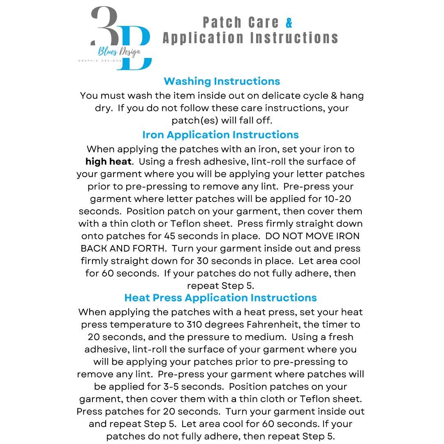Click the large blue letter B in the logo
[x=136, y=49]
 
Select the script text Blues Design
[x=119, y=52]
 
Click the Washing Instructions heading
[x=222, y=81]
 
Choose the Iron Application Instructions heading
[x=220, y=134]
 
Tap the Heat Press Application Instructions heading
[x=220, y=297]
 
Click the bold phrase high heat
[x=109, y=162]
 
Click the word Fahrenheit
[x=260, y=324]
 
